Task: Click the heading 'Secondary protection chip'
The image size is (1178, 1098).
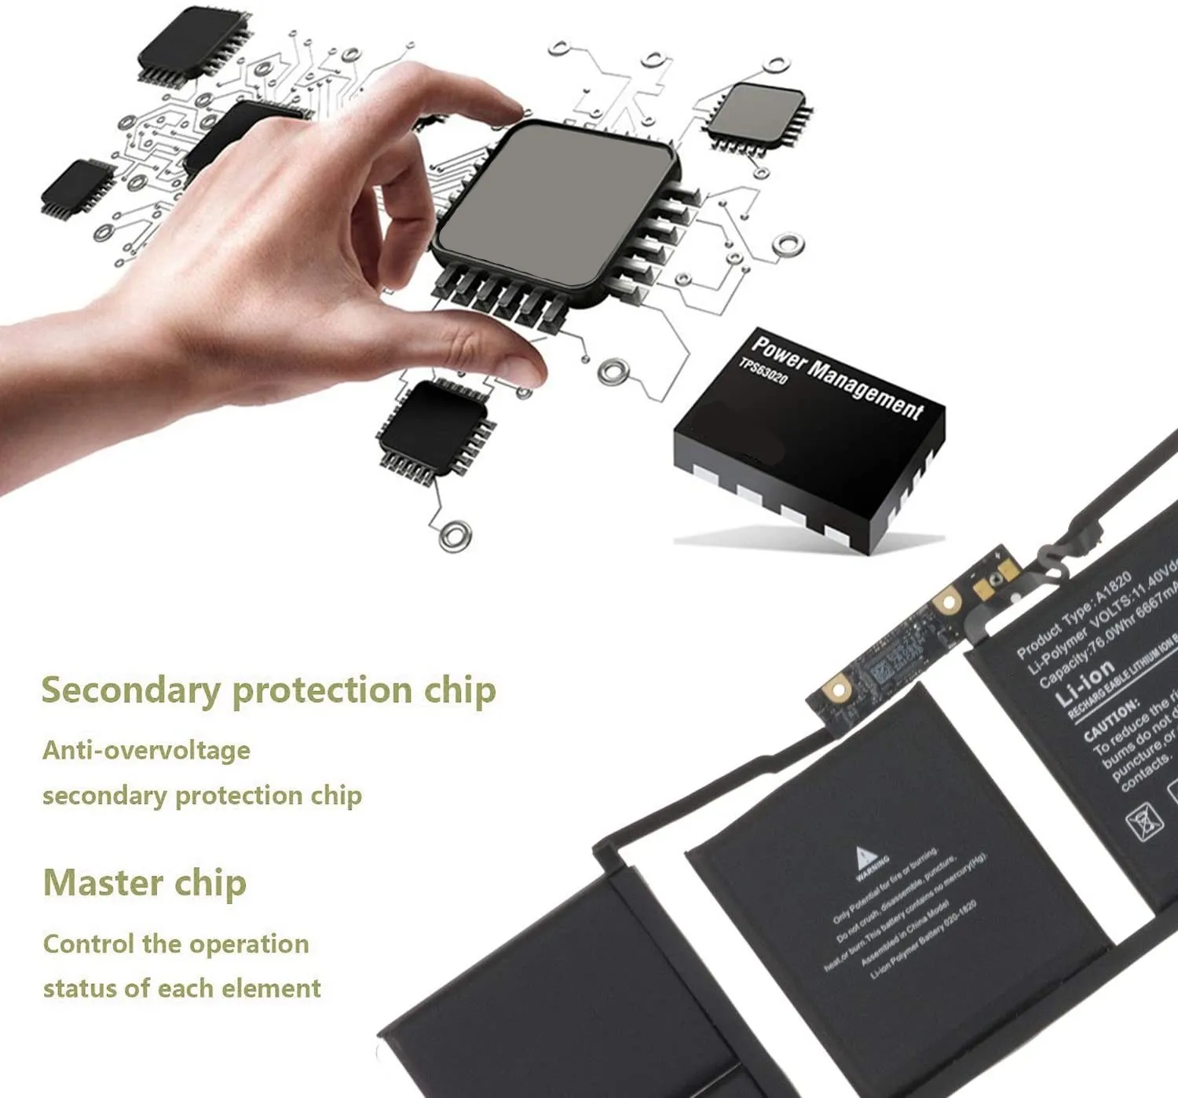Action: point(268,690)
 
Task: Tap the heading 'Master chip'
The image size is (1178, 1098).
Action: point(145,883)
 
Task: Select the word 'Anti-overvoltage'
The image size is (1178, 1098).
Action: point(146,751)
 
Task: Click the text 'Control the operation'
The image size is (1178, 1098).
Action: point(176,943)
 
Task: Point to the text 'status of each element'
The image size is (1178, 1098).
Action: point(181,988)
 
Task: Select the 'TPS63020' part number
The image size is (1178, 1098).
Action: point(763,371)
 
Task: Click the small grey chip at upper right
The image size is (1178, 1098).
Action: point(757,116)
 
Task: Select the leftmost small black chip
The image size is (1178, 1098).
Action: point(77,188)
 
